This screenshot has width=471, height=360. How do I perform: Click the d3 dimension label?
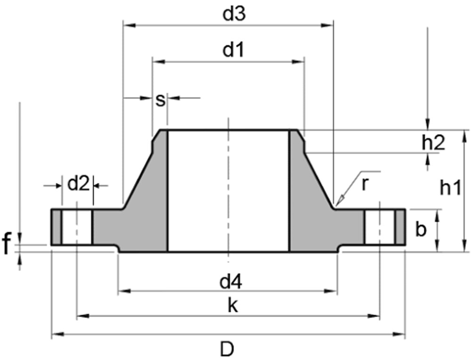tap(234, 14)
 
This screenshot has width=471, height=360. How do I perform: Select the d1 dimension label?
tap(234, 50)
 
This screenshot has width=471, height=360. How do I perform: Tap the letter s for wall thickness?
tap(161, 100)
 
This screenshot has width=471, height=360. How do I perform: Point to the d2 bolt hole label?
tap(78, 184)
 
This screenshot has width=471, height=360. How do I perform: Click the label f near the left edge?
tap(7, 244)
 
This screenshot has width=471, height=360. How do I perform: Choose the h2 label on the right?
tap(433, 143)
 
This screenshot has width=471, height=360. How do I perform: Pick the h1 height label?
tap(450, 188)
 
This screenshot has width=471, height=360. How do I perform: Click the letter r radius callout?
tap(365, 184)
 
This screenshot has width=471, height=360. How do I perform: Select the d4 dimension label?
tap(231, 282)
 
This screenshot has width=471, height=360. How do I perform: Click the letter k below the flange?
tap(233, 305)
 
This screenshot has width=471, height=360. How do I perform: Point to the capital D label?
tap(227, 349)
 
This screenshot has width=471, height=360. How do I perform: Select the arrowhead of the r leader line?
tap(341, 200)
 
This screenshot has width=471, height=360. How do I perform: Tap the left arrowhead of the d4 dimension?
tap(124, 291)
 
